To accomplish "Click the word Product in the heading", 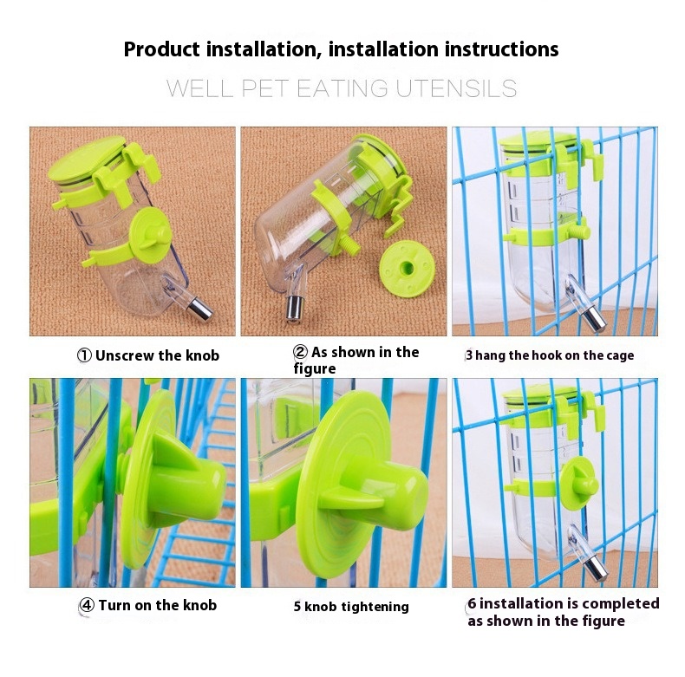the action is click(x=161, y=49).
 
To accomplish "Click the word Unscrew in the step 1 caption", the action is click(x=124, y=355).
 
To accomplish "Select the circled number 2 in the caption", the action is click(x=300, y=352).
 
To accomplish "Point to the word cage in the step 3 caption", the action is click(x=620, y=356).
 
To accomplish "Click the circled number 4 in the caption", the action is click(x=87, y=605).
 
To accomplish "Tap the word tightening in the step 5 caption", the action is click(x=375, y=607).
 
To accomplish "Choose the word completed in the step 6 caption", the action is click(x=620, y=603).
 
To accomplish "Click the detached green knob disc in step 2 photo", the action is click(x=407, y=269).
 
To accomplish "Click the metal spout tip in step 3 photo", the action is click(x=595, y=319).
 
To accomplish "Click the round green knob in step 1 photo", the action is click(x=149, y=236).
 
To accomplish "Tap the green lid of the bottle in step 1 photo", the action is click(x=88, y=158).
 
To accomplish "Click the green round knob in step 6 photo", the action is click(x=579, y=484).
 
